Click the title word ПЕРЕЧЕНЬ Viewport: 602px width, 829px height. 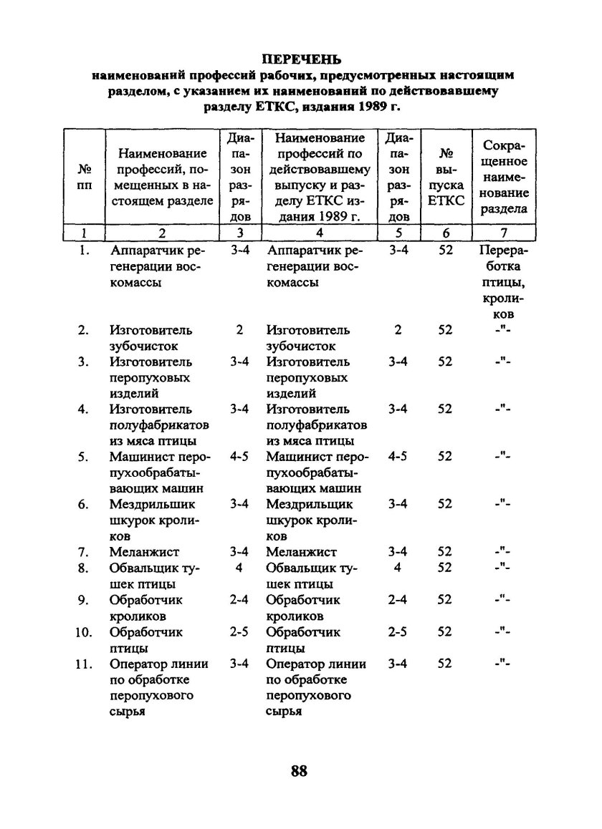[302, 59]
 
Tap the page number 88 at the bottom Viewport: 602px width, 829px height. [300, 771]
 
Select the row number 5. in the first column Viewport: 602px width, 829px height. [84, 457]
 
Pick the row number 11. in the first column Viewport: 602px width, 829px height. [84, 664]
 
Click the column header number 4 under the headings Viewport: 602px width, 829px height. [319, 233]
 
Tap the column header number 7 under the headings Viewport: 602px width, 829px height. [504, 233]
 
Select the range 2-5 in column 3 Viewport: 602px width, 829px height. [239, 633]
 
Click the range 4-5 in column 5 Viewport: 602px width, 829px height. [398, 457]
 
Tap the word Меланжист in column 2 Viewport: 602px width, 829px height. [143, 552]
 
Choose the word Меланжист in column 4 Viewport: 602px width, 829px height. [301, 552]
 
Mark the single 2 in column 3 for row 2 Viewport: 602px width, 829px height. [239, 330]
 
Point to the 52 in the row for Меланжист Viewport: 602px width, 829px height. [446, 552]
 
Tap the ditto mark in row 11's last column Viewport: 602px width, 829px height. [504, 664]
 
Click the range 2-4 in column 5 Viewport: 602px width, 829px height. [398, 601]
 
